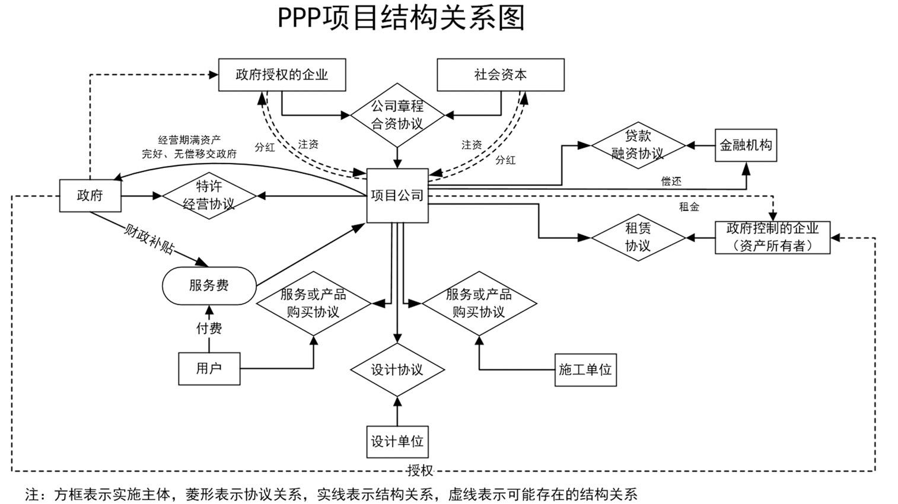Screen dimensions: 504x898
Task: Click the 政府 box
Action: (x=90, y=195)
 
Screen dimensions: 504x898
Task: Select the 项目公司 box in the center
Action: (x=397, y=196)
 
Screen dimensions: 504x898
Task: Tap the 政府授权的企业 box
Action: (x=282, y=75)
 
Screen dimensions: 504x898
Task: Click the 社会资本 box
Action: (x=500, y=75)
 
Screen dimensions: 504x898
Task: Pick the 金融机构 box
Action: (x=746, y=145)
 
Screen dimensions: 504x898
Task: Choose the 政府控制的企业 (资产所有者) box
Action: (x=772, y=237)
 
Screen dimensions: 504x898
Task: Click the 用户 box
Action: (x=209, y=368)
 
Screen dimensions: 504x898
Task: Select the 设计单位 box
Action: (x=397, y=441)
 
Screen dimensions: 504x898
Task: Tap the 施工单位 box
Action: (x=585, y=369)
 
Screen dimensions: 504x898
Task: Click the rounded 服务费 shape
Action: (x=209, y=286)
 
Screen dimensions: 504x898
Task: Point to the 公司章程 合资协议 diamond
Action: (x=397, y=115)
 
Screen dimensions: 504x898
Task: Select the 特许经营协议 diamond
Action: (x=209, y=195)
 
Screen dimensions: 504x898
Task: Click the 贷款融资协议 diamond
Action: (x=638, y=145)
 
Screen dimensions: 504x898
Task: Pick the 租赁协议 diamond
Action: (x=638, y=237)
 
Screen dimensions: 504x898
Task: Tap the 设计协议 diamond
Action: (x=397, y=369)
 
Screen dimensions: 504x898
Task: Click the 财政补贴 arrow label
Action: (x=148, y=239)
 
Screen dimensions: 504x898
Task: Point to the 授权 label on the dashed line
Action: (x=420, y=471)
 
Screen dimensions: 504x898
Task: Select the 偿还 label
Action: (x=671, y=181)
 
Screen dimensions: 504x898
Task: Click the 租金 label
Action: (x=689, y=207)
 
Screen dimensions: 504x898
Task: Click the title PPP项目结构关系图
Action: (x=402, y=18)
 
